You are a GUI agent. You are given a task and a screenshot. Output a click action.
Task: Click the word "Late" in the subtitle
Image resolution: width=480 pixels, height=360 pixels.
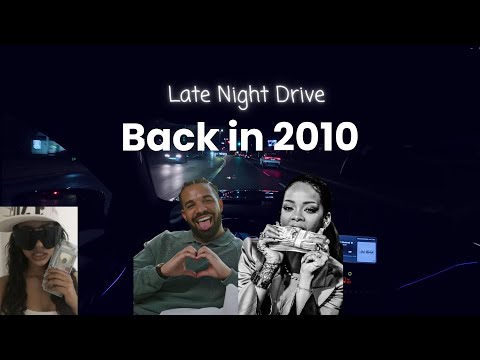(186, 97)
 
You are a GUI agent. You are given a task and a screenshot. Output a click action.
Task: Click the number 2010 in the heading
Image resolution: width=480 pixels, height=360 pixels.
(307, 137)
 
